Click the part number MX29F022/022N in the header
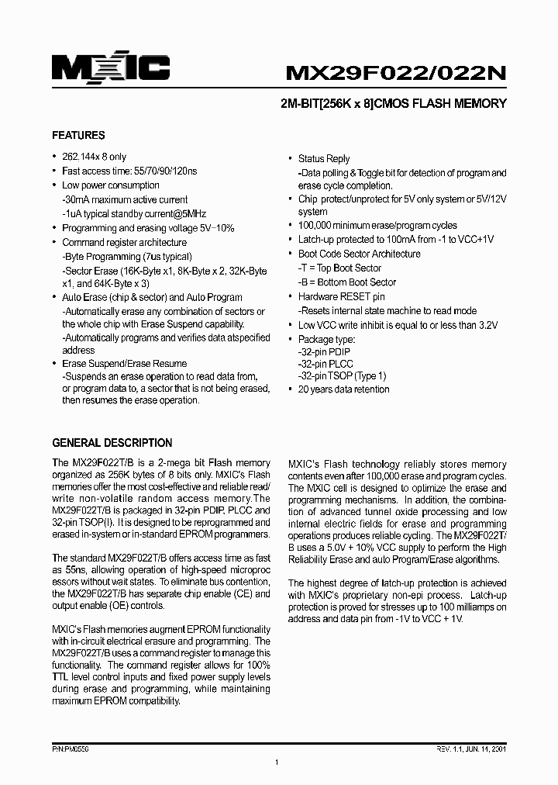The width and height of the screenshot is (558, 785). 396,73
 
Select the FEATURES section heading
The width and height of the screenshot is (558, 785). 78,135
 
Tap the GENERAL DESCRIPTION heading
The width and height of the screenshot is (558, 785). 112,443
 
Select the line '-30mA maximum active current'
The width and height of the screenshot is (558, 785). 125,199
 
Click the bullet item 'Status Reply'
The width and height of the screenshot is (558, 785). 324,158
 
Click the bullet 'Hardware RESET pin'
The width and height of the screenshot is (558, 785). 341,296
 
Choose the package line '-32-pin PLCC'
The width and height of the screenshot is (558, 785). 325,364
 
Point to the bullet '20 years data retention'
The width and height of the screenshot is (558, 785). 343,389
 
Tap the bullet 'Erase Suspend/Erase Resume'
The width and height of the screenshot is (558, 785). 124,363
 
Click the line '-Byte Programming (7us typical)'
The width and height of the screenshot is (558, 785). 127,256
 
